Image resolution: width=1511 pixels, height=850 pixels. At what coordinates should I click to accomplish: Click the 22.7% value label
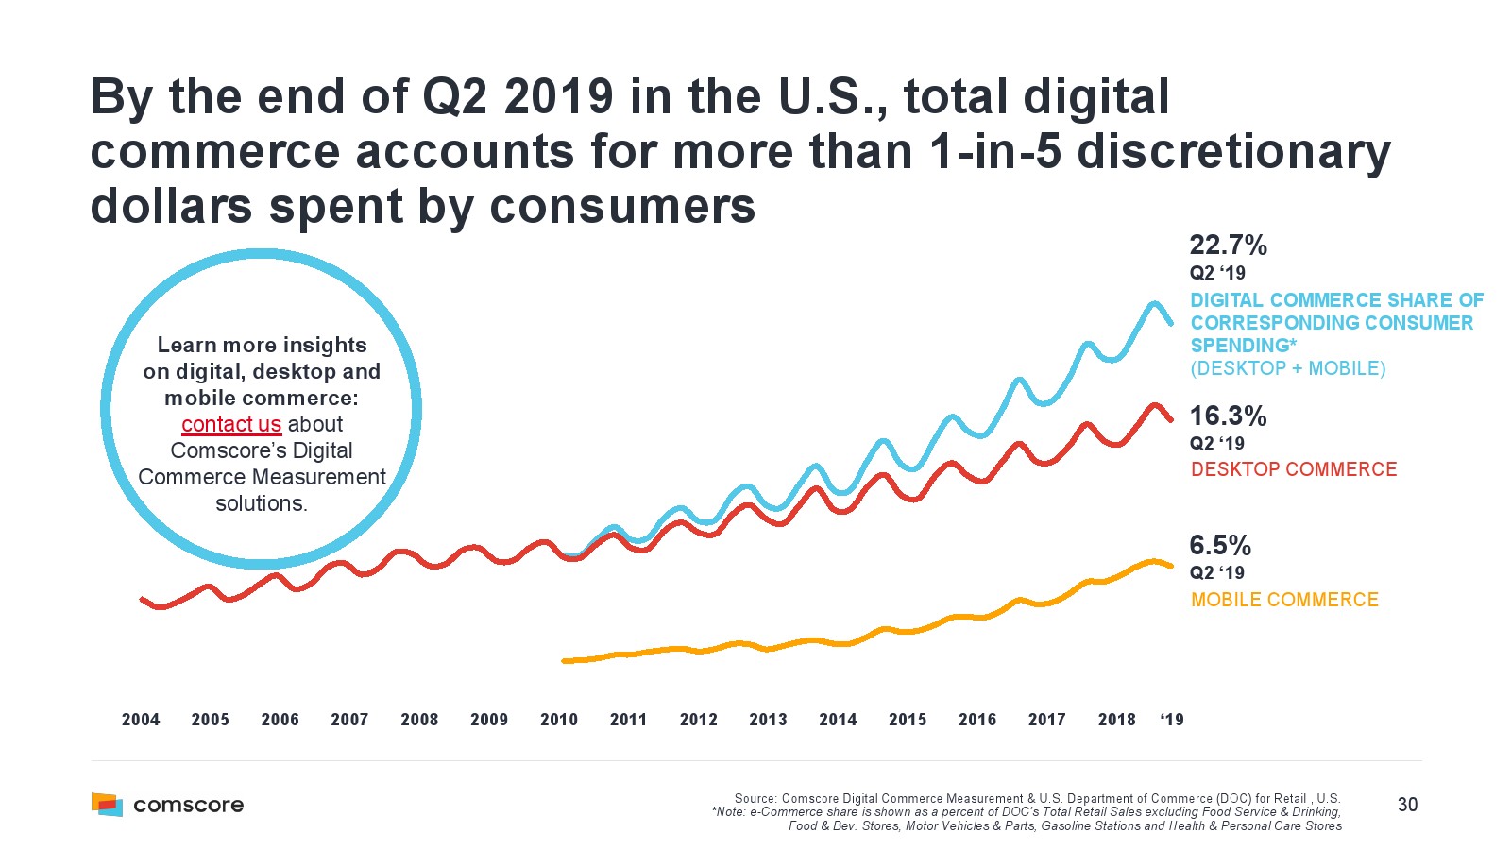(x=1228, y=246)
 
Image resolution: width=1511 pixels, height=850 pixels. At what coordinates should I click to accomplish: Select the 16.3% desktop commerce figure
(x=1228, y=416)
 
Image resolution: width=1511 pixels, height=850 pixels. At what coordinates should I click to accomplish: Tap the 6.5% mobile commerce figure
(x=1220, y=546)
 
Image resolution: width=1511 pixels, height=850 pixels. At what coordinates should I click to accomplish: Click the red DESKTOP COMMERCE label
(x=1293, y=469)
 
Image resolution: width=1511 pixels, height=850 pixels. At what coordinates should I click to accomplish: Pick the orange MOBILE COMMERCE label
(x=1284, y=600)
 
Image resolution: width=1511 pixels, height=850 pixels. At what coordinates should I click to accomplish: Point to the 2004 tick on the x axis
(x=141, y=720)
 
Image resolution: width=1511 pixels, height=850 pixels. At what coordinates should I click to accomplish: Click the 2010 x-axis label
(x=559, y=720)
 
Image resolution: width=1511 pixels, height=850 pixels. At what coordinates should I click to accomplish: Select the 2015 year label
(x=908, y=720)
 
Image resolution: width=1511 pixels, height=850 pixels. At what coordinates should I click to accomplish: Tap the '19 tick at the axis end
(x=1172, y=720)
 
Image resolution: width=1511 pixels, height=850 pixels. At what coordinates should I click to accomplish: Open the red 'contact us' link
(x=231, y=425)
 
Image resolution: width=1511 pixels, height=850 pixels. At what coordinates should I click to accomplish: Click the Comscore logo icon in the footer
(x=107, y=805)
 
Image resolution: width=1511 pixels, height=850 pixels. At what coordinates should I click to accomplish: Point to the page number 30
(x=1407, y=805)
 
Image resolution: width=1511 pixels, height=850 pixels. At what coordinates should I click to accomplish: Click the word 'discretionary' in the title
(x=1233, y=152)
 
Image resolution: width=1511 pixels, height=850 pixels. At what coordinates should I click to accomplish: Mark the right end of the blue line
(x=1172, y=324)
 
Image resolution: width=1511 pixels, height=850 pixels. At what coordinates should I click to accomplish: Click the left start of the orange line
(x=564, y=661)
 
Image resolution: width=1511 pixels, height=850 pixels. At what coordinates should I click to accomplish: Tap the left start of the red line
(x=142, y=599)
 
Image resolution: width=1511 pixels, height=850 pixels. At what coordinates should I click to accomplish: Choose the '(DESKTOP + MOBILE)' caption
(x=1288, y=368)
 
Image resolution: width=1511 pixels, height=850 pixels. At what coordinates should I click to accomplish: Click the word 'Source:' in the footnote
(x=755, y=799)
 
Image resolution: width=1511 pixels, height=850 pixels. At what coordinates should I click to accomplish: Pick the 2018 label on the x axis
(x=1116, y=720)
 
